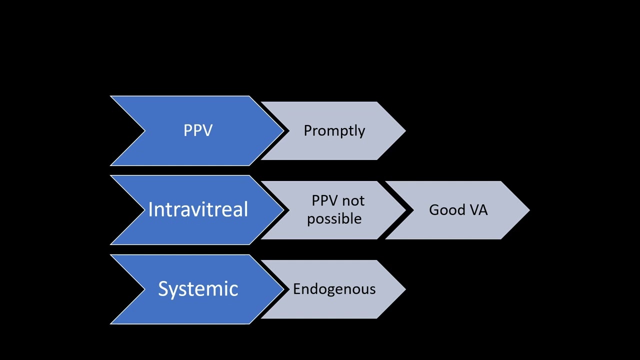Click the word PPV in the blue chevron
tap(198, 130)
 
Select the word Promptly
tap(334, 130)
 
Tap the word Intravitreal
tap(198, 209)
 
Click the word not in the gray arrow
tap(353, 201)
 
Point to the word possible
tap(334, 219)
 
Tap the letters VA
tap(478, 210)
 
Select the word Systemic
tap(198, 289)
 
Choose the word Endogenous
tap(334, 289)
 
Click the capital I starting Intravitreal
tap(150, 209)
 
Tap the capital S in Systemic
tap(163, 289)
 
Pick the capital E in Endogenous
tap(297, 289)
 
